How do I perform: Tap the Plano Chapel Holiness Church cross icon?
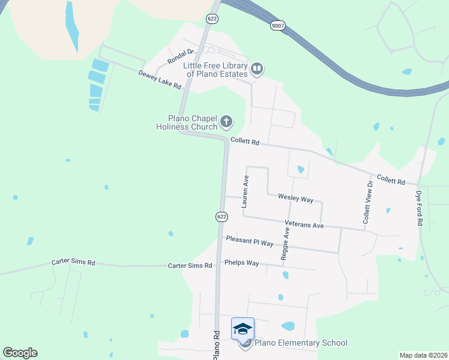point(226,122)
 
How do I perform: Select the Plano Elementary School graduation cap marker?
point(243,329)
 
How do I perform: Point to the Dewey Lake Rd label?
point(160,80)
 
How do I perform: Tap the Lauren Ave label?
point(245,191)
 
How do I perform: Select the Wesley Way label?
point(295,198)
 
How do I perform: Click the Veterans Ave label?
point(304,225)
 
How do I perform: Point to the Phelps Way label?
point(241,263)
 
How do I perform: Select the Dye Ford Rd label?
point(419,208)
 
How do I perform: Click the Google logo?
point(20,353)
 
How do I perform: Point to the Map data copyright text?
point(424,355)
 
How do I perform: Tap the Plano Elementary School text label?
point(301,343)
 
